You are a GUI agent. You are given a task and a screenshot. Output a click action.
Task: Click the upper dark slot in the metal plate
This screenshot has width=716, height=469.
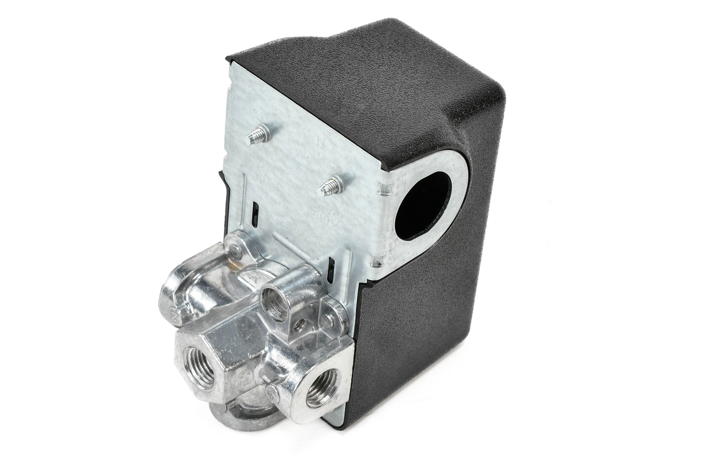[255, 211]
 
